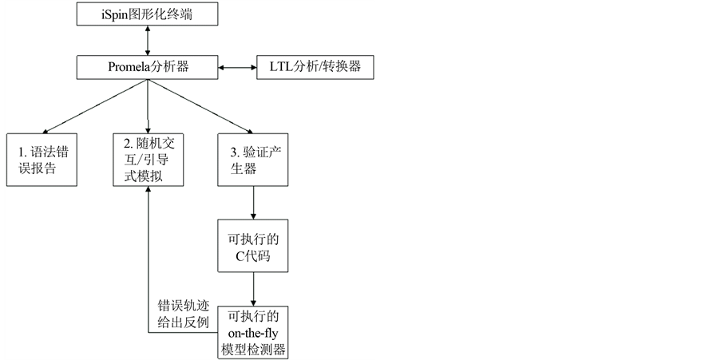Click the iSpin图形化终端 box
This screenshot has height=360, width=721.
pos(149,13)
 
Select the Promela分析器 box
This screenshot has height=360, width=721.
pos(149,66)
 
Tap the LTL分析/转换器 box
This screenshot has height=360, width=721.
pos(315,66)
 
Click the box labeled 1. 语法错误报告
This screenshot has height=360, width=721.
pos(43,159)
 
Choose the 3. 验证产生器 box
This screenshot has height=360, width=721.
pos(253,159)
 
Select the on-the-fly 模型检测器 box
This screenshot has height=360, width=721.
pos(253,331)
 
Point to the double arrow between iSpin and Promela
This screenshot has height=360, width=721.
pos(149,39)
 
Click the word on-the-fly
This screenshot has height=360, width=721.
pos(253,331)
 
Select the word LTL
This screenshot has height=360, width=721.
pos(272,66)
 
